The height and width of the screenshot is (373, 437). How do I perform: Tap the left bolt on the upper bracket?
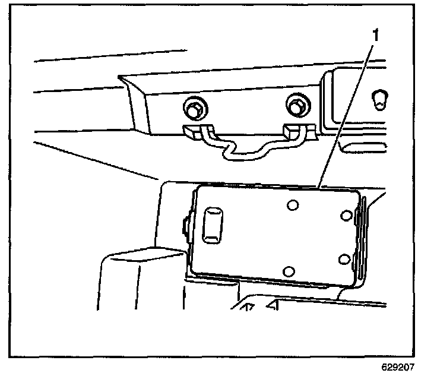click(x=193, y=109)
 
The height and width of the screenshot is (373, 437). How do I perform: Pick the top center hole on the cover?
click(x=292, y=206)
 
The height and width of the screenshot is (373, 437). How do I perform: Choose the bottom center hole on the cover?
click(x=289, y=271)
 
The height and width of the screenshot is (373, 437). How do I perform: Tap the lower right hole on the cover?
click(x=343, y=258)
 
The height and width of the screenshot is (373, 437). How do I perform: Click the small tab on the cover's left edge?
click(x=185, y=226)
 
